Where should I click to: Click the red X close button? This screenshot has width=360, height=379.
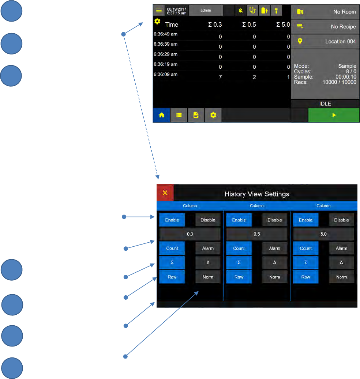coord(165,193)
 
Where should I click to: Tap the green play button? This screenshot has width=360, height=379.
coord(334,115)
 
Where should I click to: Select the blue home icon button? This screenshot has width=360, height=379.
coord(161,115)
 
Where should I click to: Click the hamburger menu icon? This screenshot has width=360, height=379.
coord(159,11)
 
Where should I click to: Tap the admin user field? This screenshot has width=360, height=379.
coord(206,11)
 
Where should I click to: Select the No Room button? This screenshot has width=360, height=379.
coord(325,12)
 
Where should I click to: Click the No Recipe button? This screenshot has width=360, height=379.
coord(325,27)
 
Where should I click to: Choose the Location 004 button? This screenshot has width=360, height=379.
coord(325,42)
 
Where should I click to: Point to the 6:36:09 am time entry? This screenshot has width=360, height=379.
coord(165,74)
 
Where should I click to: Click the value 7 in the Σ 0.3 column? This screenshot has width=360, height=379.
coord(220,77)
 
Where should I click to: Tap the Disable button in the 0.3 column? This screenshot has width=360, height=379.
coord(208,220)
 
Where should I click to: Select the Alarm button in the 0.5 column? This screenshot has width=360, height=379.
coord(274,249)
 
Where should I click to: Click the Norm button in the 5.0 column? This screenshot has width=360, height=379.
coord(341,277)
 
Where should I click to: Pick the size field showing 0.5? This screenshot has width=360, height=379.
coord(257,234)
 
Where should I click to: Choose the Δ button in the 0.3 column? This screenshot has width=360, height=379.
coord(208,263)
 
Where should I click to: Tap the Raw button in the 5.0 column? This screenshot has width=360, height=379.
coord(305,277)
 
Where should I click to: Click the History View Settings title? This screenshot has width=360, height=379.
coord(257,194)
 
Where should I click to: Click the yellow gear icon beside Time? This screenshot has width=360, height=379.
coord(157,22)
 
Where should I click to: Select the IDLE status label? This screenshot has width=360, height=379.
coord(325,104)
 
